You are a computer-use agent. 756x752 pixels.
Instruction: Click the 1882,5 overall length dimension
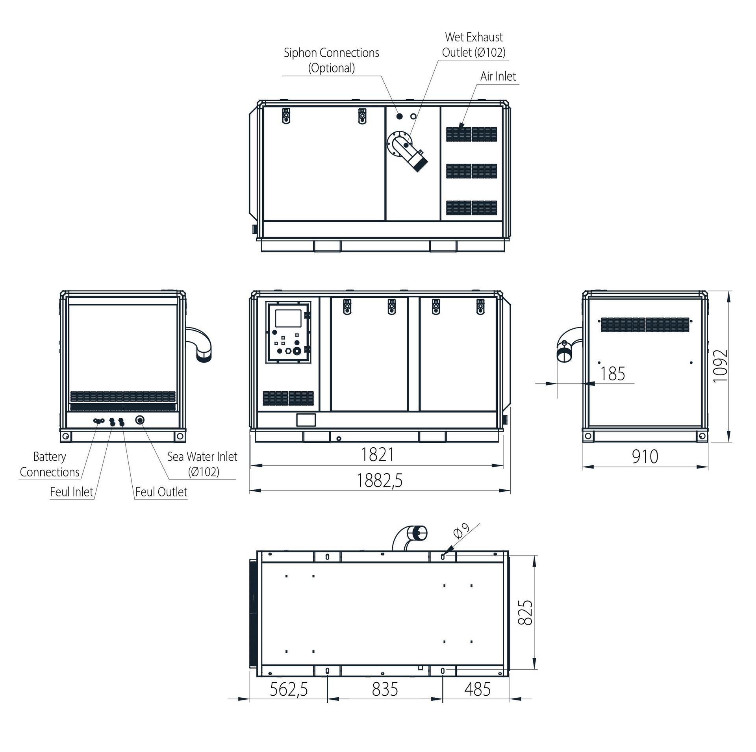point(380,480)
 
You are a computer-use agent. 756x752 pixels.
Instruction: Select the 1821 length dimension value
point(377,454)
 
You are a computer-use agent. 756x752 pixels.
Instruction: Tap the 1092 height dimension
point(720,366)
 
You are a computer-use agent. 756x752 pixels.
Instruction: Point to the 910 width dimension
point(645,457)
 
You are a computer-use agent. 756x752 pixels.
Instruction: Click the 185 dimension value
point(612,374)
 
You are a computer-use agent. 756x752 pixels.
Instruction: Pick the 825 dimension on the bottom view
point(525,613)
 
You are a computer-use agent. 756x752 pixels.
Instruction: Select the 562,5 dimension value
point(289,689)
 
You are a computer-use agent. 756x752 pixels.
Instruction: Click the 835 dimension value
point(385,689)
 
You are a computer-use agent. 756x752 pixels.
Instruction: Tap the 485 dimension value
point(477,689)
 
